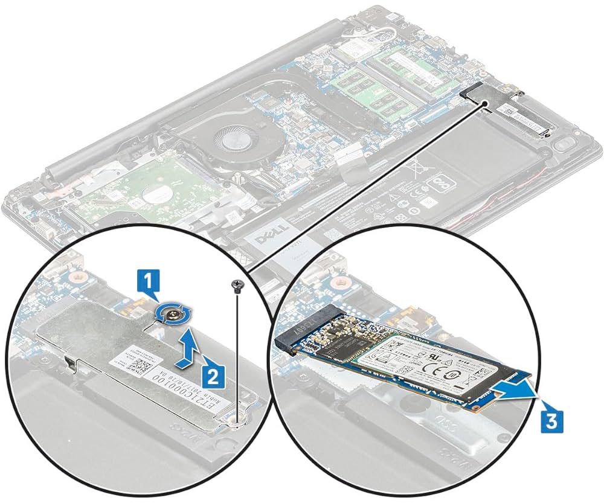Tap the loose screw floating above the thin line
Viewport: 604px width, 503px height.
pos(237,283)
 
